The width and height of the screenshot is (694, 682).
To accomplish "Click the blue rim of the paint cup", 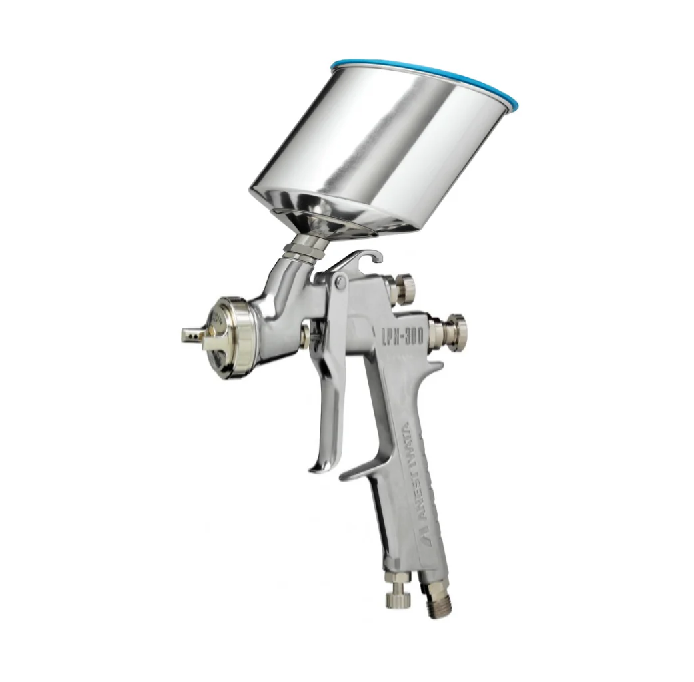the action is point(425,81).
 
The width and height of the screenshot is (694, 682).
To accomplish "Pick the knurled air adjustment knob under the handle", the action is point(399,599).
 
